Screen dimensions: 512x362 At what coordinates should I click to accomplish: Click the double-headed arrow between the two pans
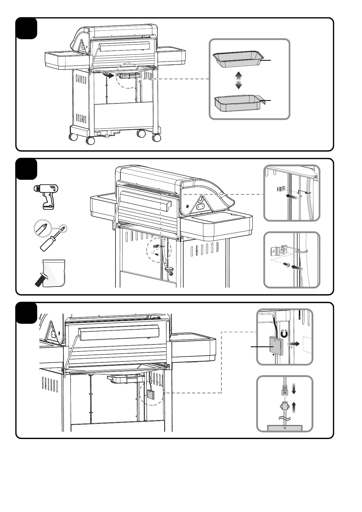(239, 80)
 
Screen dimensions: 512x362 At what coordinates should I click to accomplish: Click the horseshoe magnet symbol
(284, 334)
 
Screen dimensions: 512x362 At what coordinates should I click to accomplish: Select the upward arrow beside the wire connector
(294, 407)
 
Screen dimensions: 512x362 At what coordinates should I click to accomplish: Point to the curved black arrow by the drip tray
(107, 74)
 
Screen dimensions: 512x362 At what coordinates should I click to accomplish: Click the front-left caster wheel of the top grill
(90, 140)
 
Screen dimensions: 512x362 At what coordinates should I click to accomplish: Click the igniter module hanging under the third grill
(151, 394)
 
